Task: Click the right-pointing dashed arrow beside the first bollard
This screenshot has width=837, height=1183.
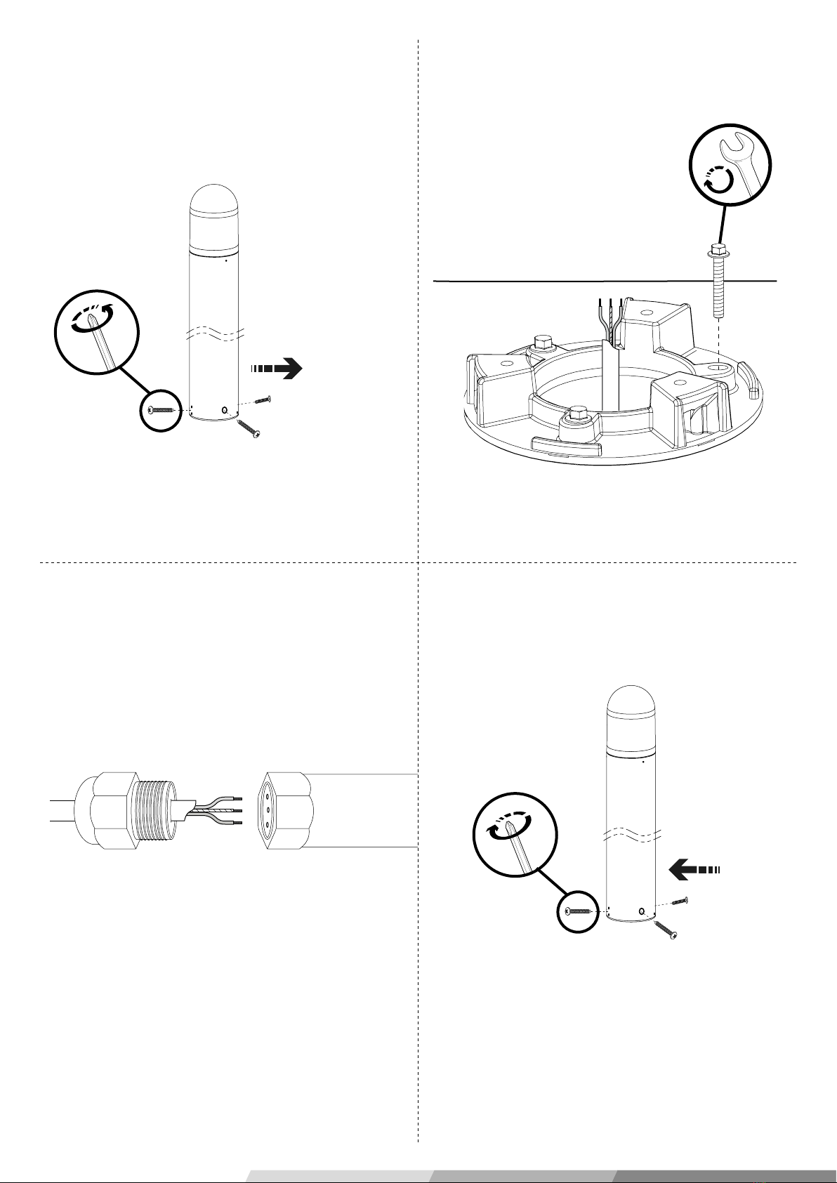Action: tap(275, 368)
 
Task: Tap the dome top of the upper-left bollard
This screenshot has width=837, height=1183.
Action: tap(215, 204)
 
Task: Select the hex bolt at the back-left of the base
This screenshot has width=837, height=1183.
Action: tap(543, 345)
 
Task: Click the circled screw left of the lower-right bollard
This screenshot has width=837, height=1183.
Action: tap(579, 911)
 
